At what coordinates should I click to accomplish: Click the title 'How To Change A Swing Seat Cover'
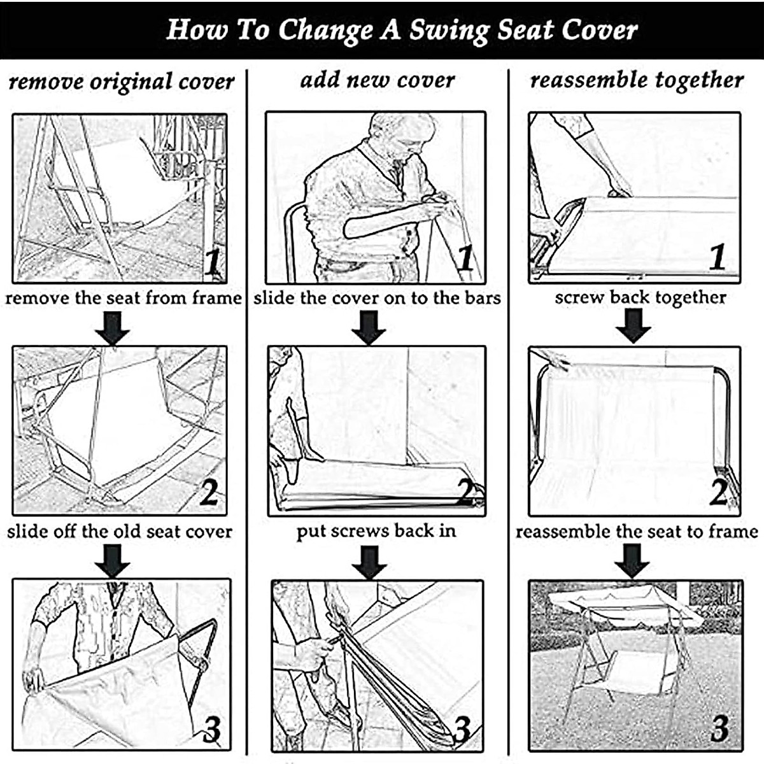point(401,30)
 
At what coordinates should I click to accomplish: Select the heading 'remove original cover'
point(122,82)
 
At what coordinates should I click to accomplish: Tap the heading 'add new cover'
point(377,80)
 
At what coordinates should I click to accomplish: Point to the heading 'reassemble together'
point(637,80)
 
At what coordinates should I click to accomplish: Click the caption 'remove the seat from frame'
point(124,298)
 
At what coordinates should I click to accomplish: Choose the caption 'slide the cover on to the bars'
point(377,298)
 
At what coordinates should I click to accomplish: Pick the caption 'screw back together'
point(640,297)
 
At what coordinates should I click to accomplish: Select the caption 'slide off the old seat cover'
point(120,531)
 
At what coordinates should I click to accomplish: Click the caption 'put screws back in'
point(376,530)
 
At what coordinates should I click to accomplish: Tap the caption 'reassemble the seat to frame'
point(637,531)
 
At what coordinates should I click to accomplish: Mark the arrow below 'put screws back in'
point(369,562)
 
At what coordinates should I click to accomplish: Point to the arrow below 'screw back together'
point(633,326)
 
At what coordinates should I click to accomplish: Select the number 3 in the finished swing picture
point(719,728)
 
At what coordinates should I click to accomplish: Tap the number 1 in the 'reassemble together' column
point(718,257)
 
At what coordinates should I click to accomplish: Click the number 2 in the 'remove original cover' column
point(208,492)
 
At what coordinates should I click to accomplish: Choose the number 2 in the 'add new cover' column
point(467,491)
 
